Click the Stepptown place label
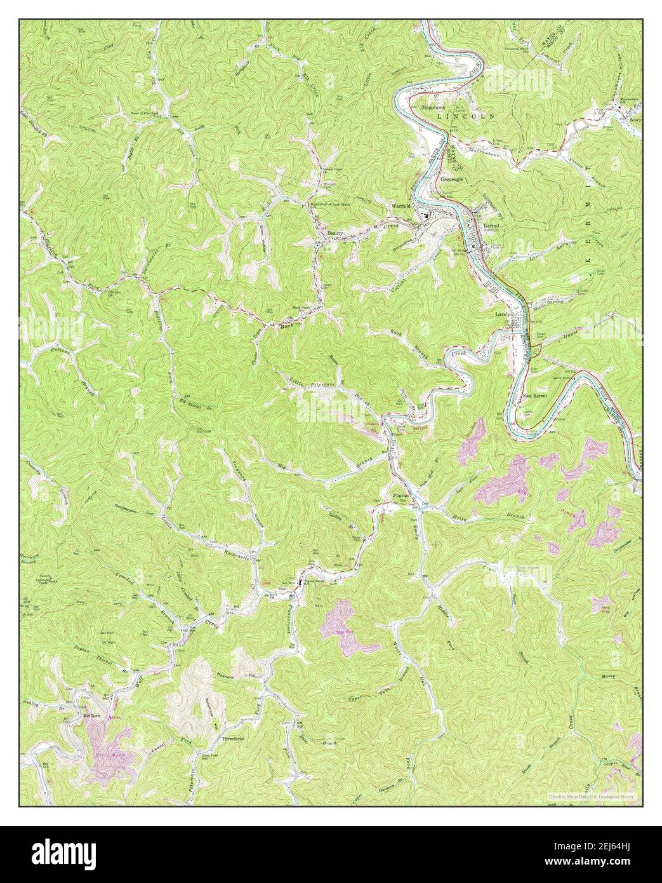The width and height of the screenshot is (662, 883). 436,109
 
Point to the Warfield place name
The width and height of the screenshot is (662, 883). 401,206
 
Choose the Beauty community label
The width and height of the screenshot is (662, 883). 335,234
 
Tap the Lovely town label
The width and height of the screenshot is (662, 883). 503,314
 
